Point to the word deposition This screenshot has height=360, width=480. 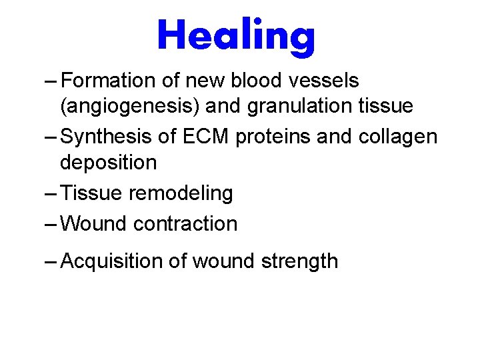click(x=109, y=162)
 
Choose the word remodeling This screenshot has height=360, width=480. click(x=181, y=193)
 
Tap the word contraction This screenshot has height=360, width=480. click(x=185, y=224)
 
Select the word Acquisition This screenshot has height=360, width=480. click(x=111, y=261)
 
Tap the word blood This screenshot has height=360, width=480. click(x=254, y=81)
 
